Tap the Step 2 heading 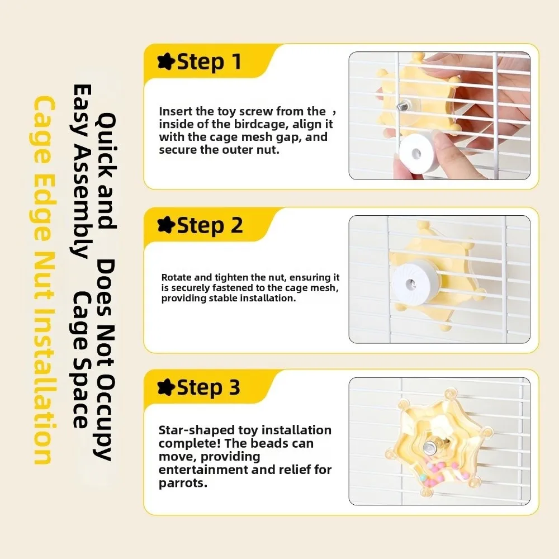[x=210, y=225]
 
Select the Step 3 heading [x=209, y=387]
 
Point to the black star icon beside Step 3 [x=166, y=387]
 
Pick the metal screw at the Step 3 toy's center [x=429, y=446]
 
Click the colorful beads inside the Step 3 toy [x=442, y=474]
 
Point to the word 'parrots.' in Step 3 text [x=183, y=484]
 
